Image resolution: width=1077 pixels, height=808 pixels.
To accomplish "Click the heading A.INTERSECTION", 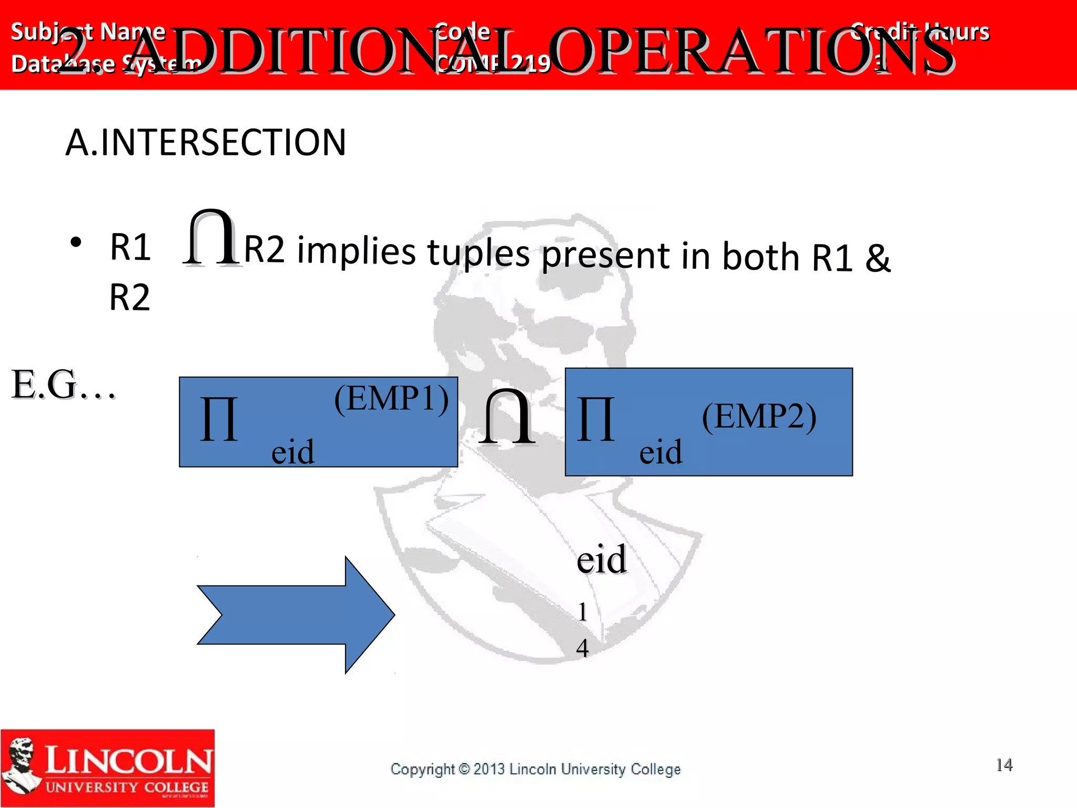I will (x=206, y=143).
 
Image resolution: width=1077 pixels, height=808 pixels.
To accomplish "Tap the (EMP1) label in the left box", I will (x=392, y=398).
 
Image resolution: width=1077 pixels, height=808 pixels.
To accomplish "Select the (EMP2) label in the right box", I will (x=759, y=417).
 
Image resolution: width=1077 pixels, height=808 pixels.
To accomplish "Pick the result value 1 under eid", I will (x=582, y=612).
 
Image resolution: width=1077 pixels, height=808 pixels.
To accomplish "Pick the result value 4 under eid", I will (x=582, y=648).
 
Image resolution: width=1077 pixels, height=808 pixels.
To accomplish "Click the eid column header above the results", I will (x=601, y=559).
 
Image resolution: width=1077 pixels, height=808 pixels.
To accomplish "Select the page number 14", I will (x=1004, y=765).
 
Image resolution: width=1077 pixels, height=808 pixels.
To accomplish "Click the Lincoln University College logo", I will (x=108, y=767).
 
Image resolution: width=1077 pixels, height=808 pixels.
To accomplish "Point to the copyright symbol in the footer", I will (x=464, y=769).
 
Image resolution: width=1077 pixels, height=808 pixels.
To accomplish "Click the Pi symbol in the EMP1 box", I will (x=219, y=419).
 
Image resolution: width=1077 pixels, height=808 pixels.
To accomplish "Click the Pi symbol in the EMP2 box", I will (x=595, y=419).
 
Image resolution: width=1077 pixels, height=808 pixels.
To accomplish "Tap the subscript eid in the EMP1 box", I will (x=292, y=452).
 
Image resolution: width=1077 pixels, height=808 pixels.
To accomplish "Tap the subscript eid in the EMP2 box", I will (x=661, y=452).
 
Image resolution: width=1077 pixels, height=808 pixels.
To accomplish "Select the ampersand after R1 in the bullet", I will (x=878, y=258).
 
